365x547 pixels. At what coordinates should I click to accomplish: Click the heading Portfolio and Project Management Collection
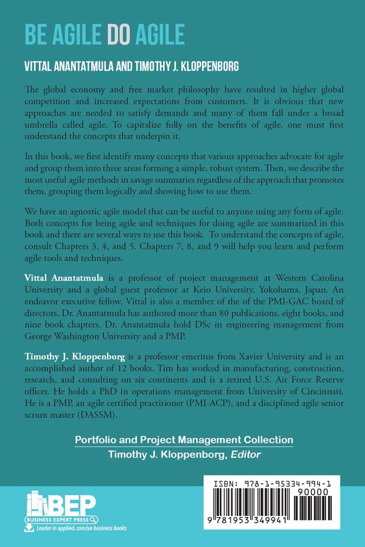183,440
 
